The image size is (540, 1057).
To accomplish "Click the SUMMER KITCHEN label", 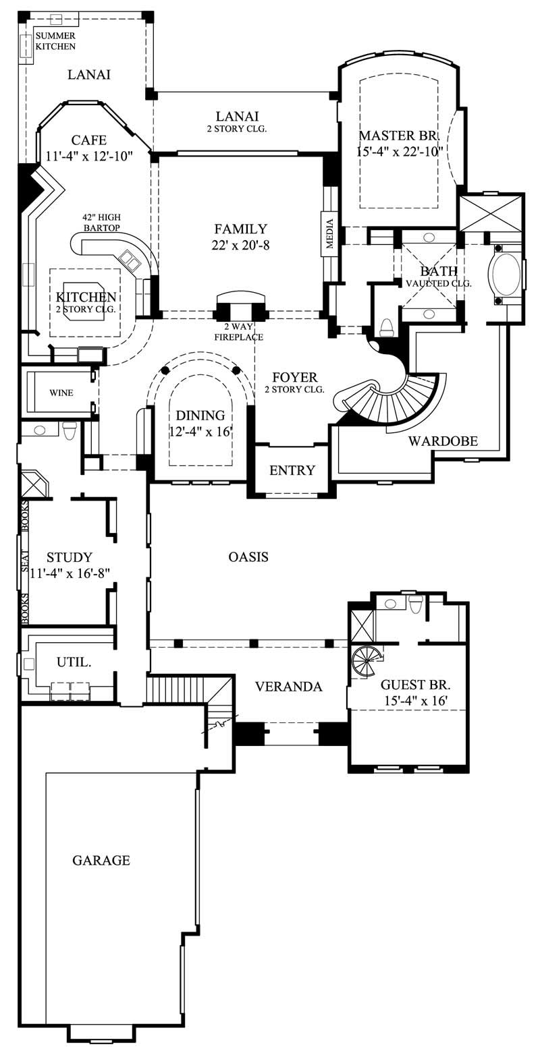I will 55,41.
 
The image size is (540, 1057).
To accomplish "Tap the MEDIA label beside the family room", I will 329,234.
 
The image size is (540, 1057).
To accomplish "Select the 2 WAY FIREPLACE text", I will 238,332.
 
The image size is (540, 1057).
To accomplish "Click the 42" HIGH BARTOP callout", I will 101,223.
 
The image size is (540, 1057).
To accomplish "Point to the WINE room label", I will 61,393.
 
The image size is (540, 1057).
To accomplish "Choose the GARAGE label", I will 101,860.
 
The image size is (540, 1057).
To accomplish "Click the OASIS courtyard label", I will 248,556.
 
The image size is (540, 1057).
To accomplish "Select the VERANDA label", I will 288,687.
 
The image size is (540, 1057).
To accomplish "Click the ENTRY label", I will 292,470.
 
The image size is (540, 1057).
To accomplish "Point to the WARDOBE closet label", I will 443,441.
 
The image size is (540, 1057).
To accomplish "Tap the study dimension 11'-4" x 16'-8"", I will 70,573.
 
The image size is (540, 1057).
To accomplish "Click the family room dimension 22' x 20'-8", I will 240,246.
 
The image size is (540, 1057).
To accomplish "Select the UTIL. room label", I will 74,662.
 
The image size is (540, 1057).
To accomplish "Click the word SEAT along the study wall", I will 25,561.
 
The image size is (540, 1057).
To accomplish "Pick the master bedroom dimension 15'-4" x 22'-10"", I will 399,151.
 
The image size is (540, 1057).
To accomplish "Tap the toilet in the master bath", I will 387,328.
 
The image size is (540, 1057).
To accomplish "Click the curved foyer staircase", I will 391,398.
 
